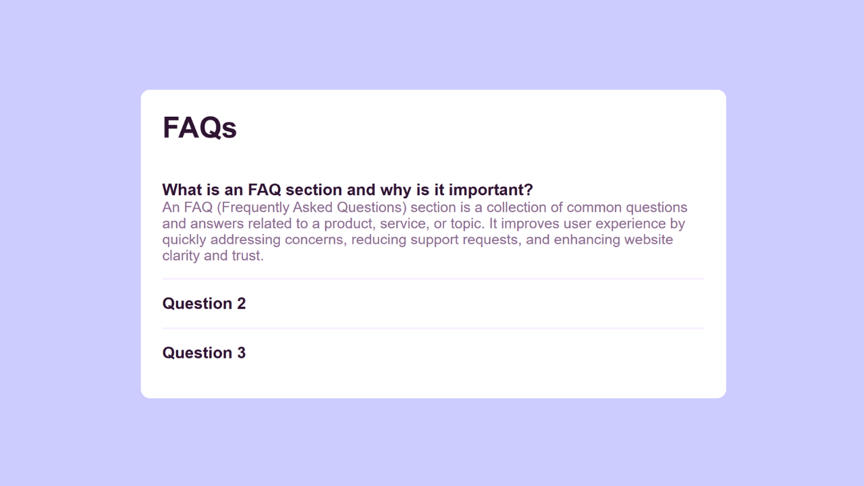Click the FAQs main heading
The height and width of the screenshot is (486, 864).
[199, 128]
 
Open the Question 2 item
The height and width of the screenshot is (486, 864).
[204, 304]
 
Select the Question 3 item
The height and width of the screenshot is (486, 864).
[204, 353]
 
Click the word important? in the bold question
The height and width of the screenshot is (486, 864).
[491, 190]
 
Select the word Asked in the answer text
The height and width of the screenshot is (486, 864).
[313, 207]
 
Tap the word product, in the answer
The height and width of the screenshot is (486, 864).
[350, 224]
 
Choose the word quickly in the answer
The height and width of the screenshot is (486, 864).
[184, 240]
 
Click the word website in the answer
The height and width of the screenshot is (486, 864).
[649, 240]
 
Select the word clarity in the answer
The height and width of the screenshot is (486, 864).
[181, 256]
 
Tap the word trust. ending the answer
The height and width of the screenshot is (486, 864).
[248, 256]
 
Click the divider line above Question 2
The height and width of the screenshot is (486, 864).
[433, 279]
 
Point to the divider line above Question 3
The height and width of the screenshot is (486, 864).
[433, 328]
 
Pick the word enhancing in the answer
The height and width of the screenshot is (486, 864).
[587, 240]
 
